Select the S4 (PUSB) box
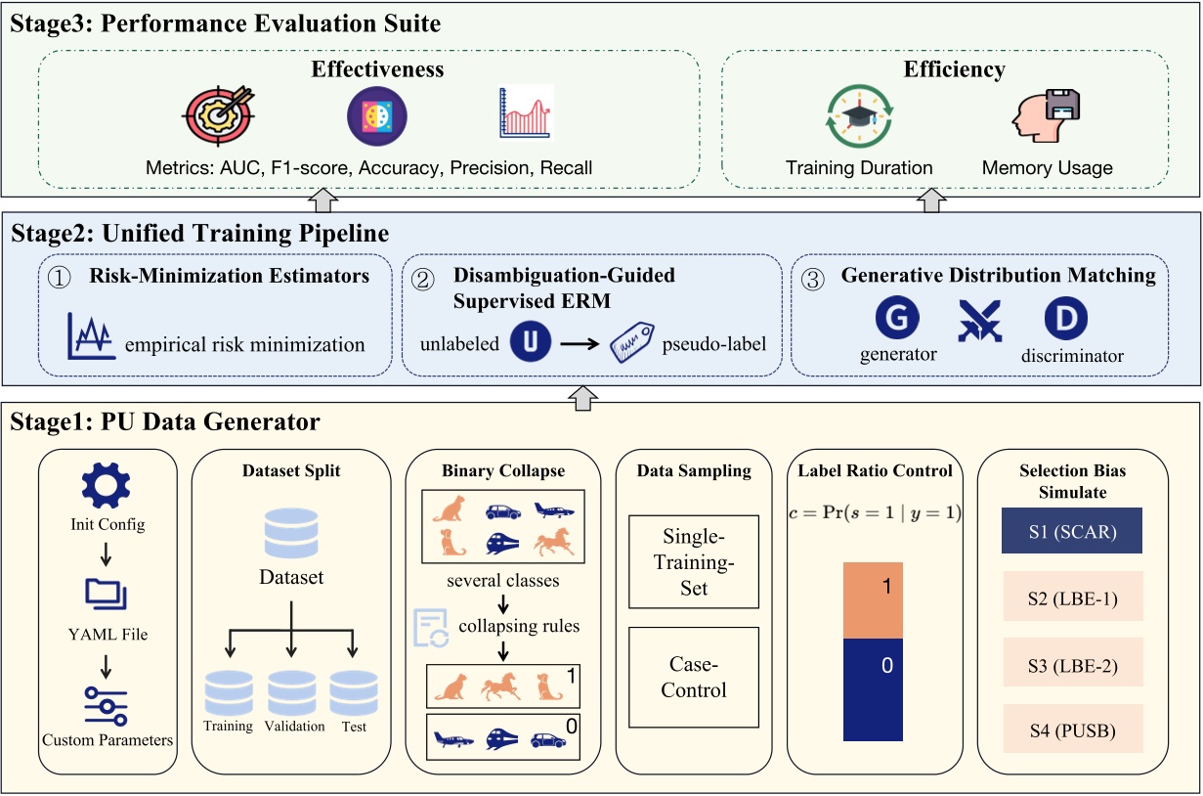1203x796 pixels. point(1072,730)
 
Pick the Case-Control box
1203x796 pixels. point(694,678)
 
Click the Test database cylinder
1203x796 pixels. point(354,693)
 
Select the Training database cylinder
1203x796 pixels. point(229,693)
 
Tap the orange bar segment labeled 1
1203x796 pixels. point(875,600)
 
